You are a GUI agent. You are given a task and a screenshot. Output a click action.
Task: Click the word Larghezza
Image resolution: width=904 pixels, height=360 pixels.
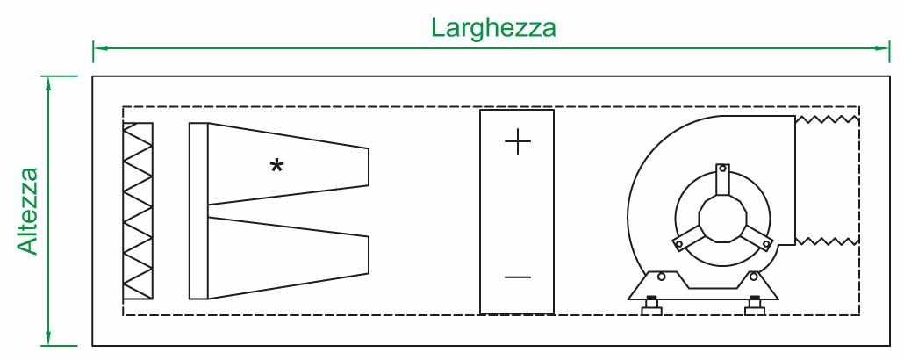click(x=493, y=26)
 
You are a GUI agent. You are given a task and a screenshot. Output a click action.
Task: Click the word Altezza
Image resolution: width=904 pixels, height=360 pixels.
click(x=28, y=211)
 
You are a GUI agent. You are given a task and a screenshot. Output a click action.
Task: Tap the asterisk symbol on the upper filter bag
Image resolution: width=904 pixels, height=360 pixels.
click(x=276, y=165)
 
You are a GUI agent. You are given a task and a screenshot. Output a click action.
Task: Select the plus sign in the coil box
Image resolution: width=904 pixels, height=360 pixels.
click(x=518, y=143)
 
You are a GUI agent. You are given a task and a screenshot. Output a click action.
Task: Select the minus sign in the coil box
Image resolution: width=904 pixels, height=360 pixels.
click(x=518, y=277)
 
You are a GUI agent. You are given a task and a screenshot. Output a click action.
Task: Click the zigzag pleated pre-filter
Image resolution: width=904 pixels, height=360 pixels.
click(x=138, y=211)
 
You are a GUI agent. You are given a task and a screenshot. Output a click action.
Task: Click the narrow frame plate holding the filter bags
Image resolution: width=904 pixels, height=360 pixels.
click(x=198, y=211)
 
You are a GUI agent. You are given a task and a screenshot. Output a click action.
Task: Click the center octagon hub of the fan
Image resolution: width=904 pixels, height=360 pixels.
click(x=721, y=219)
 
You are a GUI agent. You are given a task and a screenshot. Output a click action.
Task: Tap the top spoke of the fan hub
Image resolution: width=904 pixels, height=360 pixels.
click(x=722, y=179)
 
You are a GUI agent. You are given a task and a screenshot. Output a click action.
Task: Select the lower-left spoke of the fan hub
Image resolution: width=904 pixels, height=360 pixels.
click(x=688, y=239)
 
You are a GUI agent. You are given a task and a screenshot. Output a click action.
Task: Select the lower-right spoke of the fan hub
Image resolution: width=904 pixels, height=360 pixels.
click(x=755, y=238)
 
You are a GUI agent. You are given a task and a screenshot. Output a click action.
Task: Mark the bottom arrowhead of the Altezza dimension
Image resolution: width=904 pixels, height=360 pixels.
click(x=49, y=339)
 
